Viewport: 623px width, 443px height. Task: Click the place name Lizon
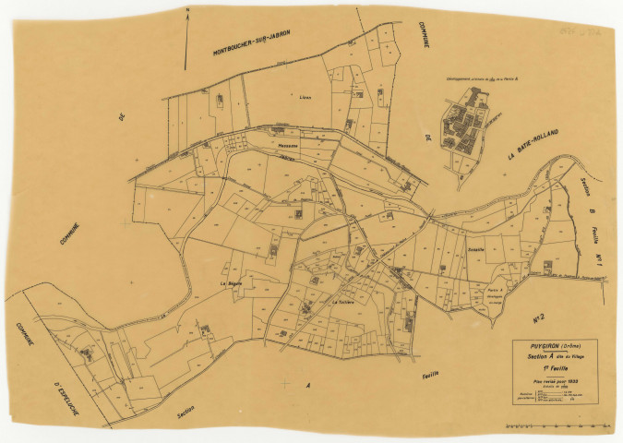306,94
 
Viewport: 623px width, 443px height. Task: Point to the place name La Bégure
231,283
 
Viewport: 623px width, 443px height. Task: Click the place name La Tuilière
344,301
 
